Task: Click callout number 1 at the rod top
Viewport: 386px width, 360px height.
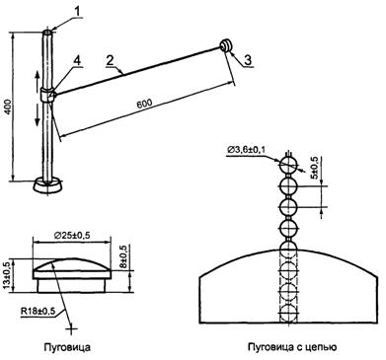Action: click(x=77, y=12)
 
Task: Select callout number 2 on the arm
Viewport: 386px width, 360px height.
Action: click(x=110, y=60)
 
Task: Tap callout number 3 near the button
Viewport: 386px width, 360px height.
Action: click(x=248, y=59)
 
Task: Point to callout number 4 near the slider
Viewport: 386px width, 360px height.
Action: click(x=76, y=60)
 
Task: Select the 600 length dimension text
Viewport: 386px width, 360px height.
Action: click(x=144, y=104)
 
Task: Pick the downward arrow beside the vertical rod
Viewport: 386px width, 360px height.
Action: click(x=38, y=117)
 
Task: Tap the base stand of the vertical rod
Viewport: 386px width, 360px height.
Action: click(x=47, y=185)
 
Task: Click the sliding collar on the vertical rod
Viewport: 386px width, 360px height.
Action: click(x=48, y=95)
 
